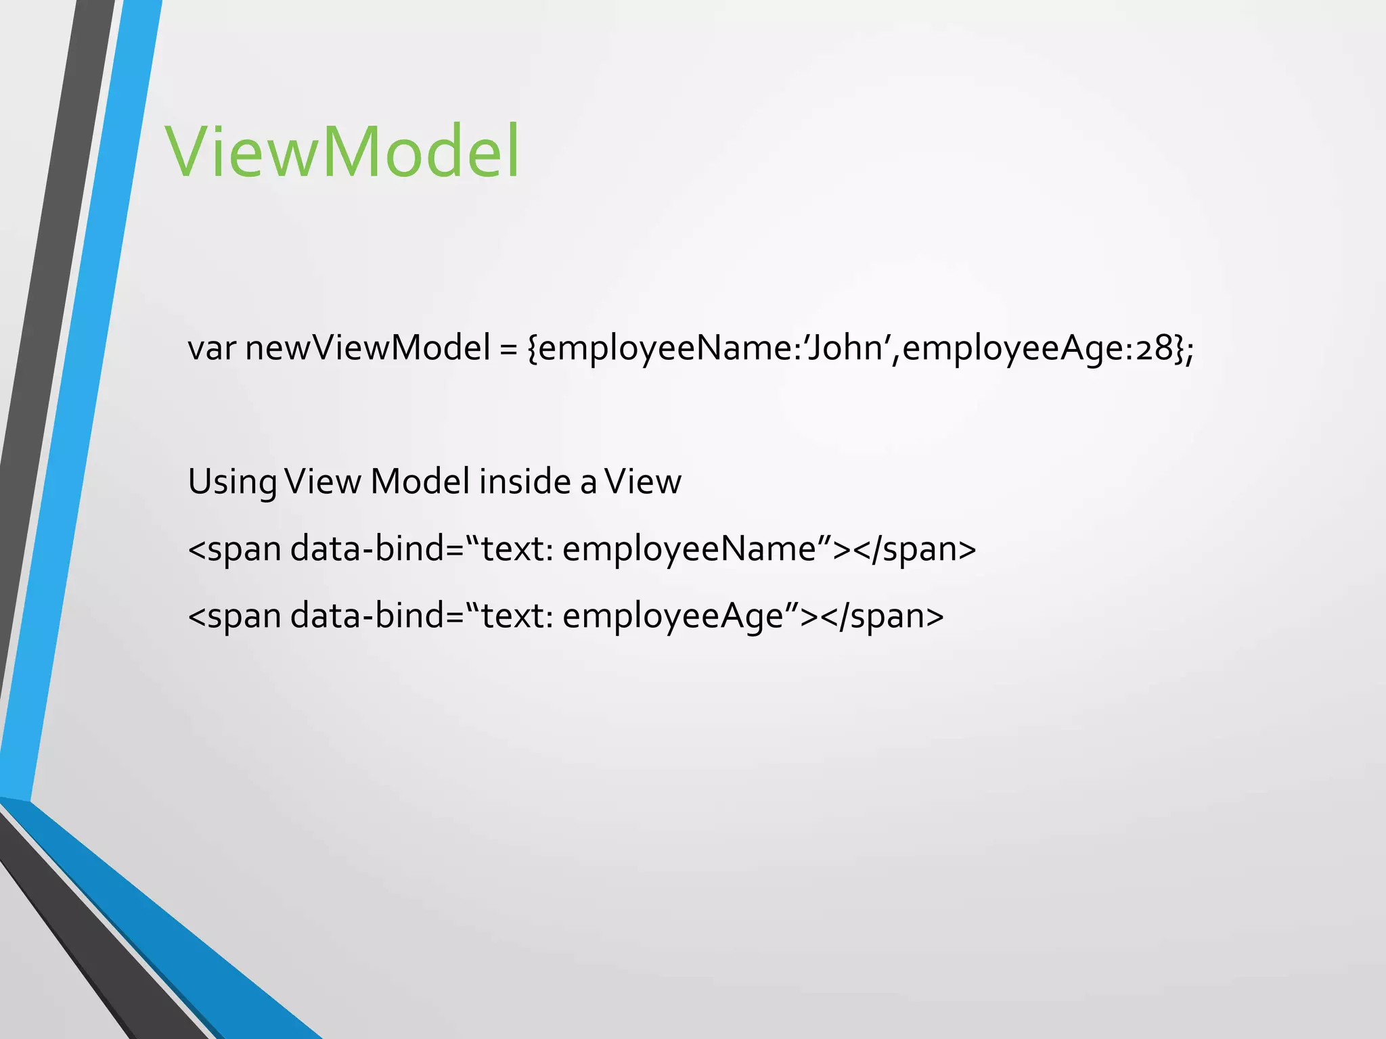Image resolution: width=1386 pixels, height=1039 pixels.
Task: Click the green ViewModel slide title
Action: (342, 152)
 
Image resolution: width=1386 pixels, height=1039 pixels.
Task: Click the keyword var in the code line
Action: (211, 348)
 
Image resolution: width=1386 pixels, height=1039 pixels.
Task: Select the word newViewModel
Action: (367, 348)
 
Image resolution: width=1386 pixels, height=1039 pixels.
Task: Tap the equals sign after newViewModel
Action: (508, 350)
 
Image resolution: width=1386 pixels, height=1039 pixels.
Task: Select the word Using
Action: (231, 483)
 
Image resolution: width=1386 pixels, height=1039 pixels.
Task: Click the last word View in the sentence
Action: (643, 482)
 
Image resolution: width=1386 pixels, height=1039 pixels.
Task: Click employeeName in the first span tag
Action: (689, 549)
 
